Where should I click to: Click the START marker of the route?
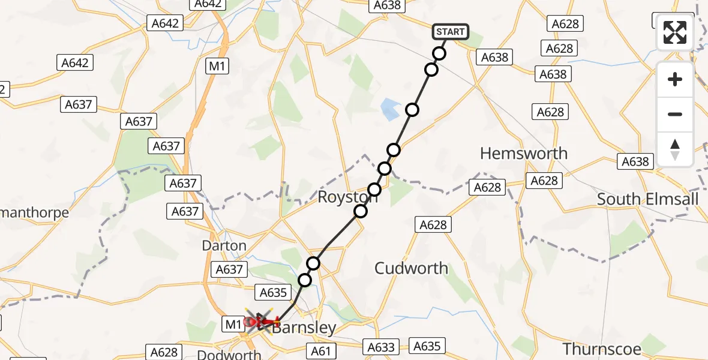[x=450, y=32]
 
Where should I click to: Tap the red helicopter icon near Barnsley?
[x=259, y=322]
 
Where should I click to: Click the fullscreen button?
[x=675, y=32]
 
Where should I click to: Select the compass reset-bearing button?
[x=675, y=149]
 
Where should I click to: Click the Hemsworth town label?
[x=524, y=154]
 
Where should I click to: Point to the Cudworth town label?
[x=411, y=268]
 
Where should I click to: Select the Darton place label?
[x=224, y=246]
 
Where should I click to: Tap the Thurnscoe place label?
[x=602, y=349]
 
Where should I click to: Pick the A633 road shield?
[x=381, y=347]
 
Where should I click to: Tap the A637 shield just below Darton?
[x=229, y=270]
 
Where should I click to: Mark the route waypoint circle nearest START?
[x=439, y=53]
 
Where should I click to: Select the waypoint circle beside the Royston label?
[x=361, y=211]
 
